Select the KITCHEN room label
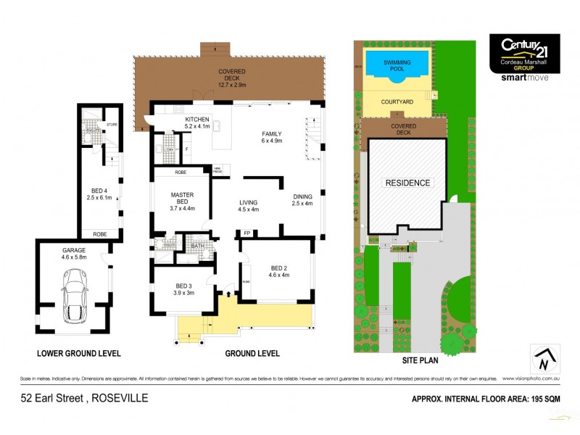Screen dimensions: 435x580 tap(197, 119)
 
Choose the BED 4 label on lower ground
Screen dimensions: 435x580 tap(96, 192)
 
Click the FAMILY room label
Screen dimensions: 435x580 tap(272, 133)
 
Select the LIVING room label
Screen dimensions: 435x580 tap(249, 203)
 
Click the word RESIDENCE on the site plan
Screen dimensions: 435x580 tap(407, 183)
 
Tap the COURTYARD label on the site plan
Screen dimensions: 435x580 tap(397, 102)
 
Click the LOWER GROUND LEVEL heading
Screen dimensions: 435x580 tap(79, 353)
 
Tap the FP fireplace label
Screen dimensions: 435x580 tap(247, 233)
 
